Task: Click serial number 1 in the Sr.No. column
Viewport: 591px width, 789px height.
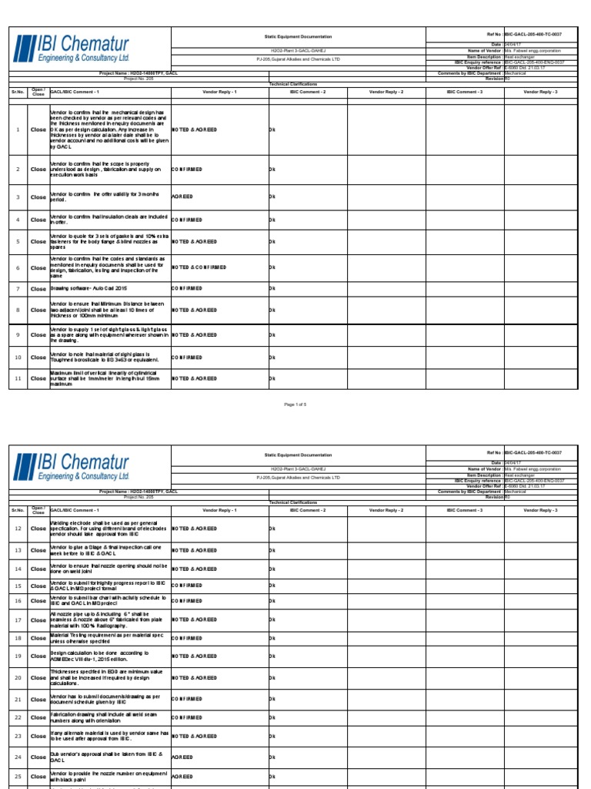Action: point(17,129)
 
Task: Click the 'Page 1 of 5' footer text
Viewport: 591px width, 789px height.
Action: point(295,405)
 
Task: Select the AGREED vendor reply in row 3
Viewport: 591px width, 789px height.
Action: point(182,196)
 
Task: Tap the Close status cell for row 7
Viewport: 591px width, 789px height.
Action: point(38,288)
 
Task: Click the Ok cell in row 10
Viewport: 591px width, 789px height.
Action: point(271,358)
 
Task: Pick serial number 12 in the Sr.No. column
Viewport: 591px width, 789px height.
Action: point(17,529)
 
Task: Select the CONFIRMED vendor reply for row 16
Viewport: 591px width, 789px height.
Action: point(187,600)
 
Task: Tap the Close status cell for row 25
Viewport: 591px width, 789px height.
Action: point(38,777)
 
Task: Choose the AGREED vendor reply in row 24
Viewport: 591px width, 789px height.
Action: point(182,757)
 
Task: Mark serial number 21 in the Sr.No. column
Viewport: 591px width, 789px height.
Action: point(17,699)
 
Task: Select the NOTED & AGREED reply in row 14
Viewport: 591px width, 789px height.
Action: point(194,569)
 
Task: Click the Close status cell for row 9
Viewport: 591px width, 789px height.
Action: point(38,335)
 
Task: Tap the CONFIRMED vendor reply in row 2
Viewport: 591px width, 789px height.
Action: point(187,169)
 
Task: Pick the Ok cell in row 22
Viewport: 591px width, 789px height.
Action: point(271,717)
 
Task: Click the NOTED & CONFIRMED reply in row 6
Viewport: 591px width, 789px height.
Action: point(199,267)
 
